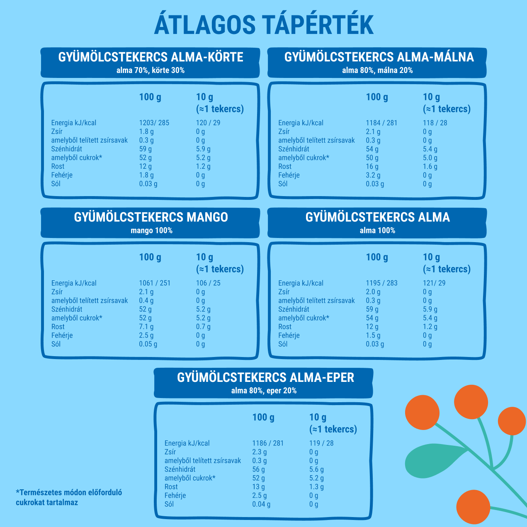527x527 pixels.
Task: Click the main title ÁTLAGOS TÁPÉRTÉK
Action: click(x=264, y=25)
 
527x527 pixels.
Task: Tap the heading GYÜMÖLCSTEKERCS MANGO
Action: click(x=151, y=217)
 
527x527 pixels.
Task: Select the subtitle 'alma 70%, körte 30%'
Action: click(x=151, y=70)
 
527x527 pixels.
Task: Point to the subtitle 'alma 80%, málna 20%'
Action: click(x=377, y=70)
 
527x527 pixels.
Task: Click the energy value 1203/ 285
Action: click(x=154, y=123)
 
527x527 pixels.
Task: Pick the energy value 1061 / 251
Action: click(x=155, y=283)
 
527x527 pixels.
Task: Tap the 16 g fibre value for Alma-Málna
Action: click(x=372, y=166)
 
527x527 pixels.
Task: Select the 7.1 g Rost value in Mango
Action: click(x=146, y=327)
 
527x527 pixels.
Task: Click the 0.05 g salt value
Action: click(x=148, y=344)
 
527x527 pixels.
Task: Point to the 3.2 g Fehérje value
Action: click(x=373, y=175)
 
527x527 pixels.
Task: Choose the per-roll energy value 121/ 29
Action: click(x=434, y=283)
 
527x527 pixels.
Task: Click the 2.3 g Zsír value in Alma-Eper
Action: click(x=260, y=452)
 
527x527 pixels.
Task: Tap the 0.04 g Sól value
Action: click(x=261, y=504)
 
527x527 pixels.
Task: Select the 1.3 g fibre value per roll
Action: click(x=316, y=487)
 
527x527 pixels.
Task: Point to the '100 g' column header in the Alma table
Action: click(x=377, y=257)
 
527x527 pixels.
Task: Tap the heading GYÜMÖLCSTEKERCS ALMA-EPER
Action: click(x=265, y=378)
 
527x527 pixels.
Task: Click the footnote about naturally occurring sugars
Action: click(x=69, y=498)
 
